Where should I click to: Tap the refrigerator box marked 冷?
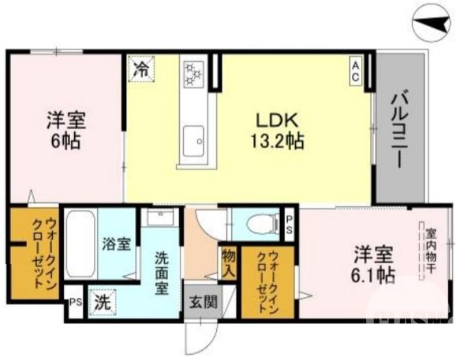click(141, 69)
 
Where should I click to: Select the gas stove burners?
click(192, 72)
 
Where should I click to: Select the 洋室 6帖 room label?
click(66, 130)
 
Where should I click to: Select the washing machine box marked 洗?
click(102, 302)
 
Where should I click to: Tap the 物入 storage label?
click(227, 262)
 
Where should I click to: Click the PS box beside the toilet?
click(290, 223)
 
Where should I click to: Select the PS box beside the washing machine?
click(74, 303)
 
